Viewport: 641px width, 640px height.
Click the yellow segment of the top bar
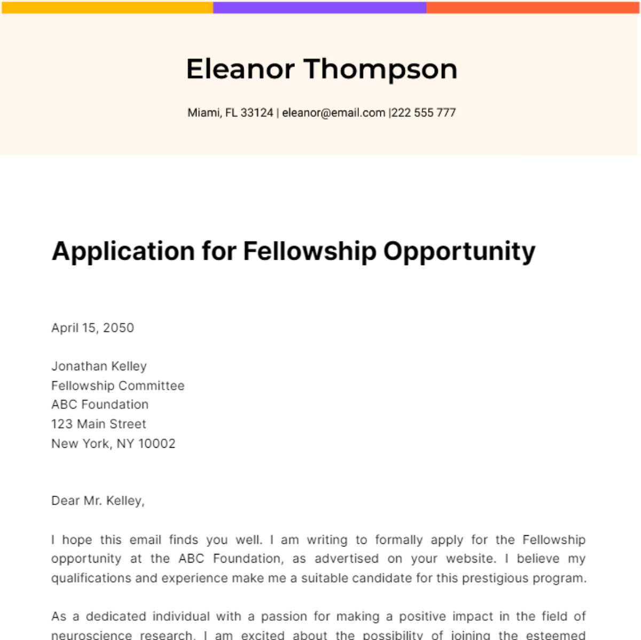(107, 7)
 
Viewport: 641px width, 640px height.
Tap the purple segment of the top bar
(319, 7)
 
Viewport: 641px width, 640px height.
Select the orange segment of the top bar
(533, 7)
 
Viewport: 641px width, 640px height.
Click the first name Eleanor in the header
(240, 69)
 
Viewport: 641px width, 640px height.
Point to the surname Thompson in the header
(380, 69)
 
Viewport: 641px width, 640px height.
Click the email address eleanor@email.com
(333, 113)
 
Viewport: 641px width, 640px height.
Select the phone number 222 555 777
(424, 113)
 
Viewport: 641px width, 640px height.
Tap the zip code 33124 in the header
(257, 113)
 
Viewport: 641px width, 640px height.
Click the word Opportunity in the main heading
(459, 251)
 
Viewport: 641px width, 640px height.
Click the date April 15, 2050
(92, 327)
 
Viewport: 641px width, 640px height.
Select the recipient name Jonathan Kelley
(99, 366)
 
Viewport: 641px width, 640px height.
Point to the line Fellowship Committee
(118, 385)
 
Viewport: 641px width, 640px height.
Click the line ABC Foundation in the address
(100, 404)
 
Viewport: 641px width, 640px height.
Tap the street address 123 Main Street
(98, 424)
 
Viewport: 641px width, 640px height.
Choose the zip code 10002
(157, 443)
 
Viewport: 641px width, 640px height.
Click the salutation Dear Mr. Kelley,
(98, 501)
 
